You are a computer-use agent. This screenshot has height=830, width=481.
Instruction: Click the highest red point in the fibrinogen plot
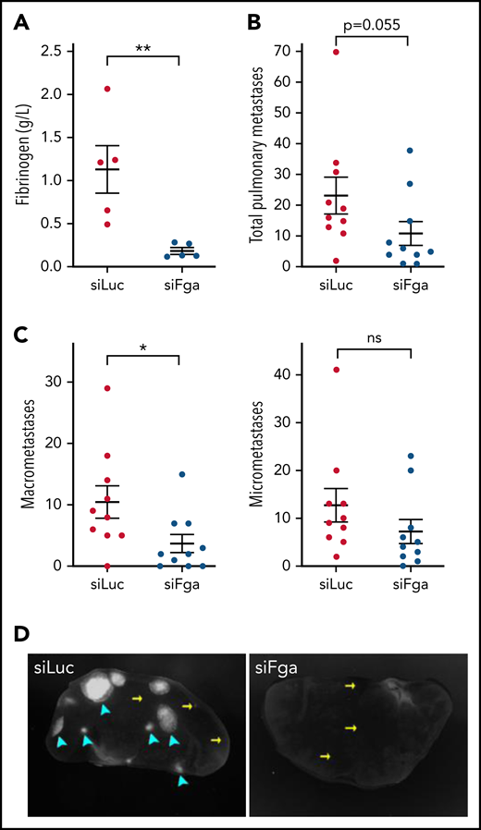pos(107,88)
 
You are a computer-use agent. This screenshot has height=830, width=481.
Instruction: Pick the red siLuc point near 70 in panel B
pos(335,52)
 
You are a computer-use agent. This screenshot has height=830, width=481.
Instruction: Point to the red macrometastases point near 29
pos(107,388)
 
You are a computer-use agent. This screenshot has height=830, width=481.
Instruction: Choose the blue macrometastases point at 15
pos(182,474)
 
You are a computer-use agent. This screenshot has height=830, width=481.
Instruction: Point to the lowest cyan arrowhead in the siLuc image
pos(183,780)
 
